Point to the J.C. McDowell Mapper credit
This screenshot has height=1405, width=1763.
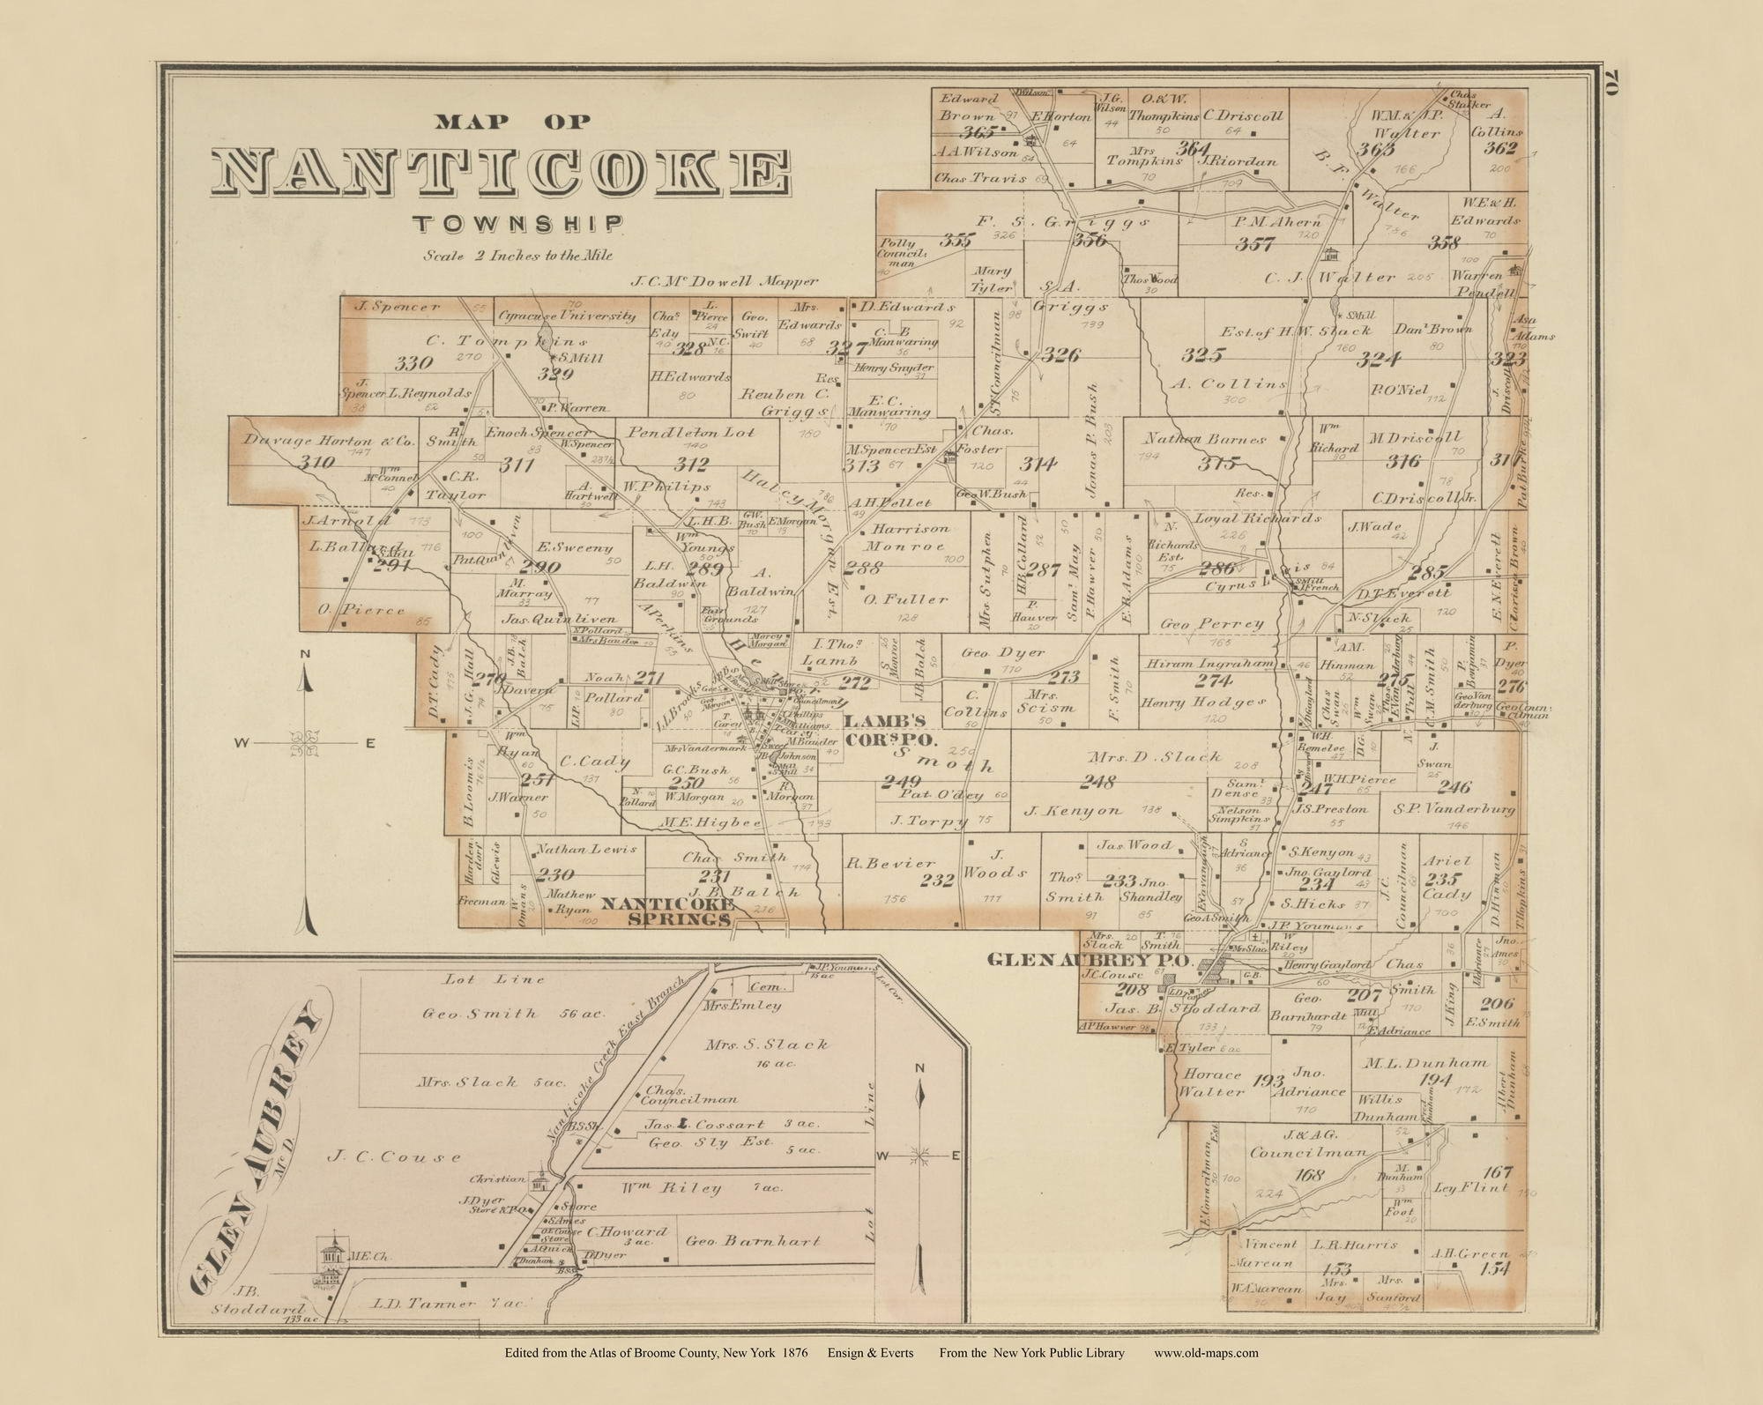coord(725,282)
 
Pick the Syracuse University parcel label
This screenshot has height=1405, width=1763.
coord(567,316)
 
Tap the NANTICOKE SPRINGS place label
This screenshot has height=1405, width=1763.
coord(667,911)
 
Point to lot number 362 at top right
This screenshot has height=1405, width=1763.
coord(1499,148)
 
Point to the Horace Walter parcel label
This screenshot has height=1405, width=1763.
coord(1212,1083)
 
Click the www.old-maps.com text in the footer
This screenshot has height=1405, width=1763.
coord(1205,1353)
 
